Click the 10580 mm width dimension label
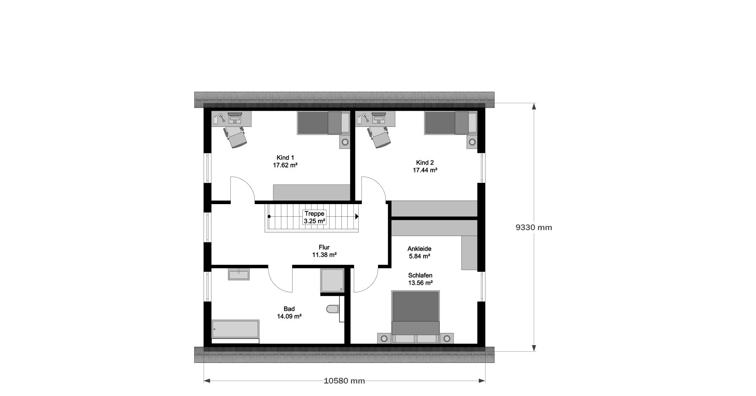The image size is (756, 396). [345, 381]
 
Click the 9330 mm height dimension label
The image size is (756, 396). [534, 227]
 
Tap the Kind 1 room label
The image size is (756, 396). [285, 158]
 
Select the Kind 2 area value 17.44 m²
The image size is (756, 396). [425, 170]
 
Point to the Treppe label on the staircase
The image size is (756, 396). [314, 214]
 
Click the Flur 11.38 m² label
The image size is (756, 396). [324, 251]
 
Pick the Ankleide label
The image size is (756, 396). [419, 249]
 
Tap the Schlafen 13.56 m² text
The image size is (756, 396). [420, 279]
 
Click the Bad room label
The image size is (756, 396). [289, 309]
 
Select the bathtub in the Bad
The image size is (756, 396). [235, 329]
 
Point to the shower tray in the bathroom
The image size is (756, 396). [332, 281]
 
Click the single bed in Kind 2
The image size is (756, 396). [451, 123]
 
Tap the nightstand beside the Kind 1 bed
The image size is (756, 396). [345, 142]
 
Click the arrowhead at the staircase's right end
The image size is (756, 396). [357, 216]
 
